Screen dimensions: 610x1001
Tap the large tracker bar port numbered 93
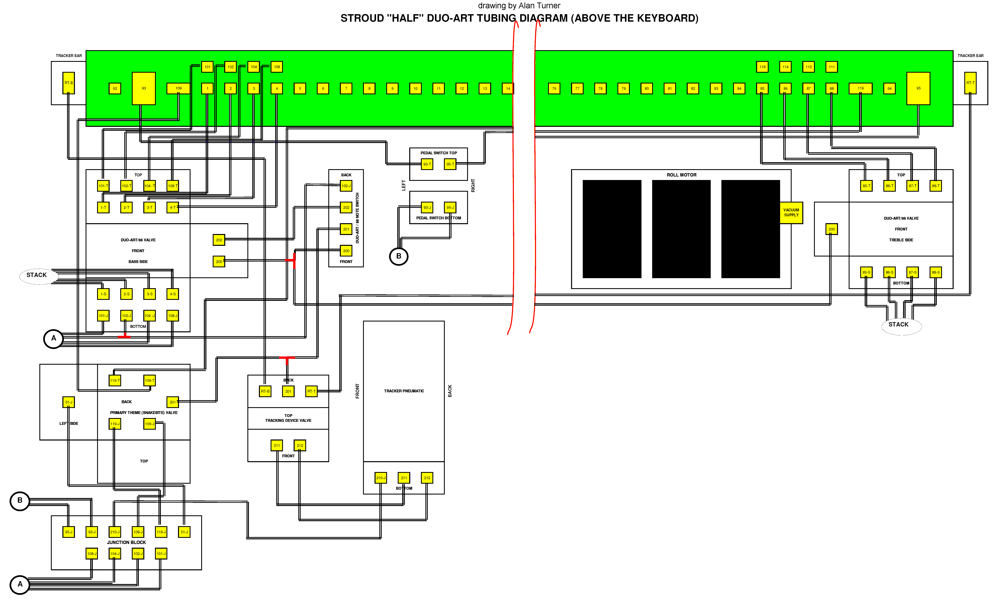pyautogui.click(x=144, y=88)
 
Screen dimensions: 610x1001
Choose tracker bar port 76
pyautogui.click(x=554, y=88)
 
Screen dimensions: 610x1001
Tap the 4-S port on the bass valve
pyautogui.click(x=173, y=294)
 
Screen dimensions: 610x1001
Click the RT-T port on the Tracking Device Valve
pyautogui.click(x=311, y=391)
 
